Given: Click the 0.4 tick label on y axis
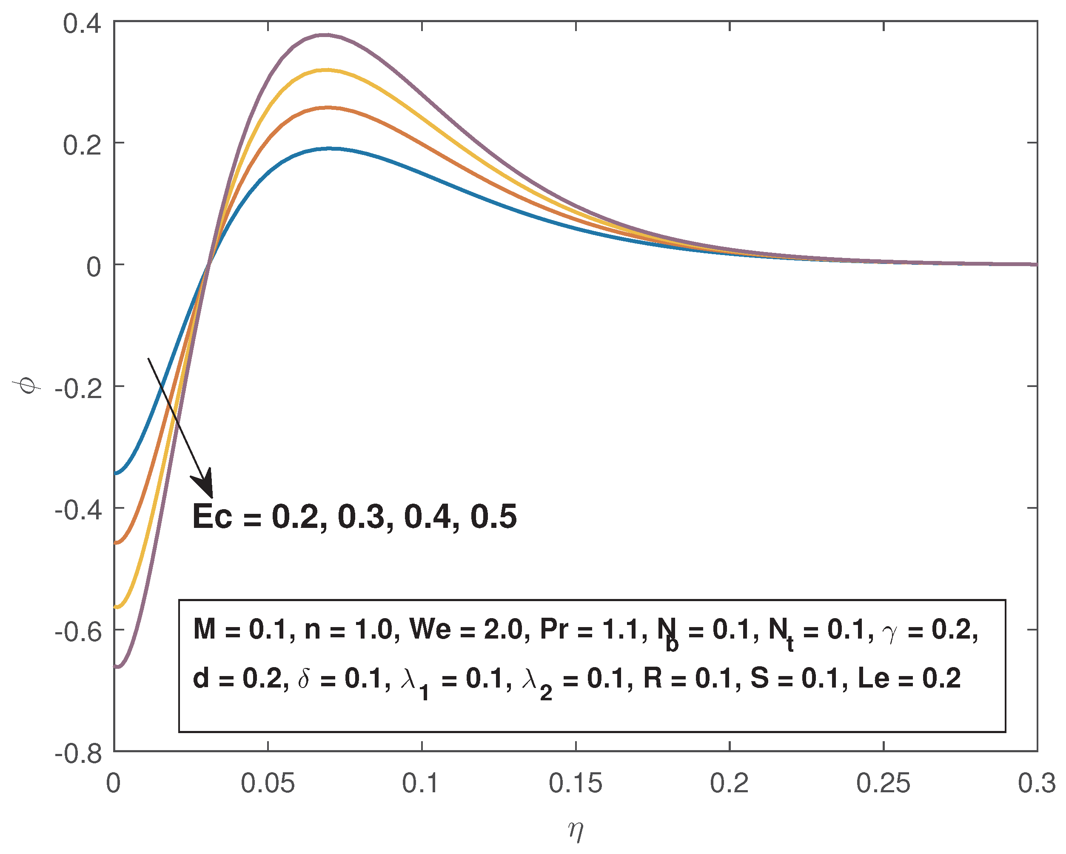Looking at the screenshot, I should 82,24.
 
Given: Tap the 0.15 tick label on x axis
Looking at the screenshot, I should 576,784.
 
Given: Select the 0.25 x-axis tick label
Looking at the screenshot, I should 883,784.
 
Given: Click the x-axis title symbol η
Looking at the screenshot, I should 576,830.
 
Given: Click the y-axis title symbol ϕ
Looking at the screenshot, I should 27,385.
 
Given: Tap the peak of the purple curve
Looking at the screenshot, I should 325,34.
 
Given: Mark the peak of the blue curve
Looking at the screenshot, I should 330,148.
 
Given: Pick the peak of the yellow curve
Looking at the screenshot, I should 326,70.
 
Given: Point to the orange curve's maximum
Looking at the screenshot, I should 327,107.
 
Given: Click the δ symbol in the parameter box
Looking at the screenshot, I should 304,678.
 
